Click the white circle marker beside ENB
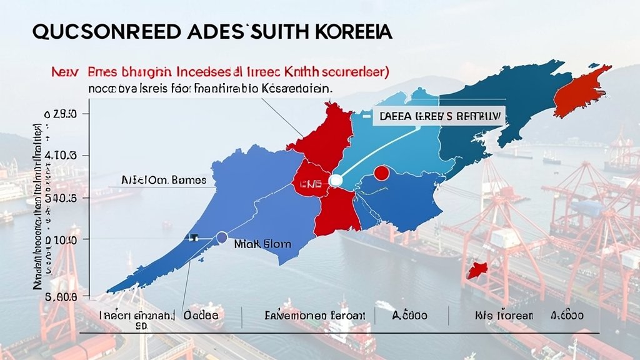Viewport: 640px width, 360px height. [x=336, y=181]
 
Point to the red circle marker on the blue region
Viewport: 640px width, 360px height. [x=381, y=172]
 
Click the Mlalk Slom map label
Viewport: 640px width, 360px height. [x=262, y=244]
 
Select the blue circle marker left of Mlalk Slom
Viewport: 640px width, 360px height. [x=221, y=237]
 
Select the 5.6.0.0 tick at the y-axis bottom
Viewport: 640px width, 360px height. [x=60, y=298]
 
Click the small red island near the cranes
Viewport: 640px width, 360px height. [x=477, y=270]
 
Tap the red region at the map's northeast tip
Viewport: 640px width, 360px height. [x=579, y=91]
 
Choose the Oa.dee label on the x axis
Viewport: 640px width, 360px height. [x=201, y=316]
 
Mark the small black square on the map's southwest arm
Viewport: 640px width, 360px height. [x=194, y=237]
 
